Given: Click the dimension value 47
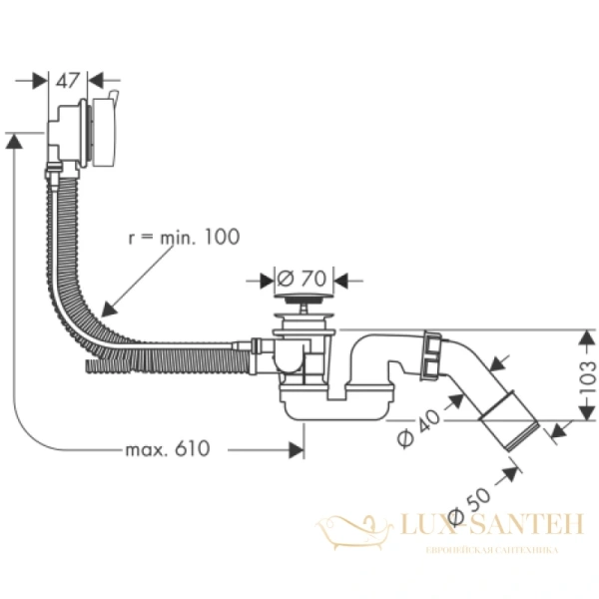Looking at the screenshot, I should click(67, 81).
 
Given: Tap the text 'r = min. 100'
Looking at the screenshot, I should click(184, 237).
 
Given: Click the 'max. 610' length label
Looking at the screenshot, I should click(168, 449).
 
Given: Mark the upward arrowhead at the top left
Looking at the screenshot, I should click(14, 144).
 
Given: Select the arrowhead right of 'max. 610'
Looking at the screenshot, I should click(295, 449).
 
